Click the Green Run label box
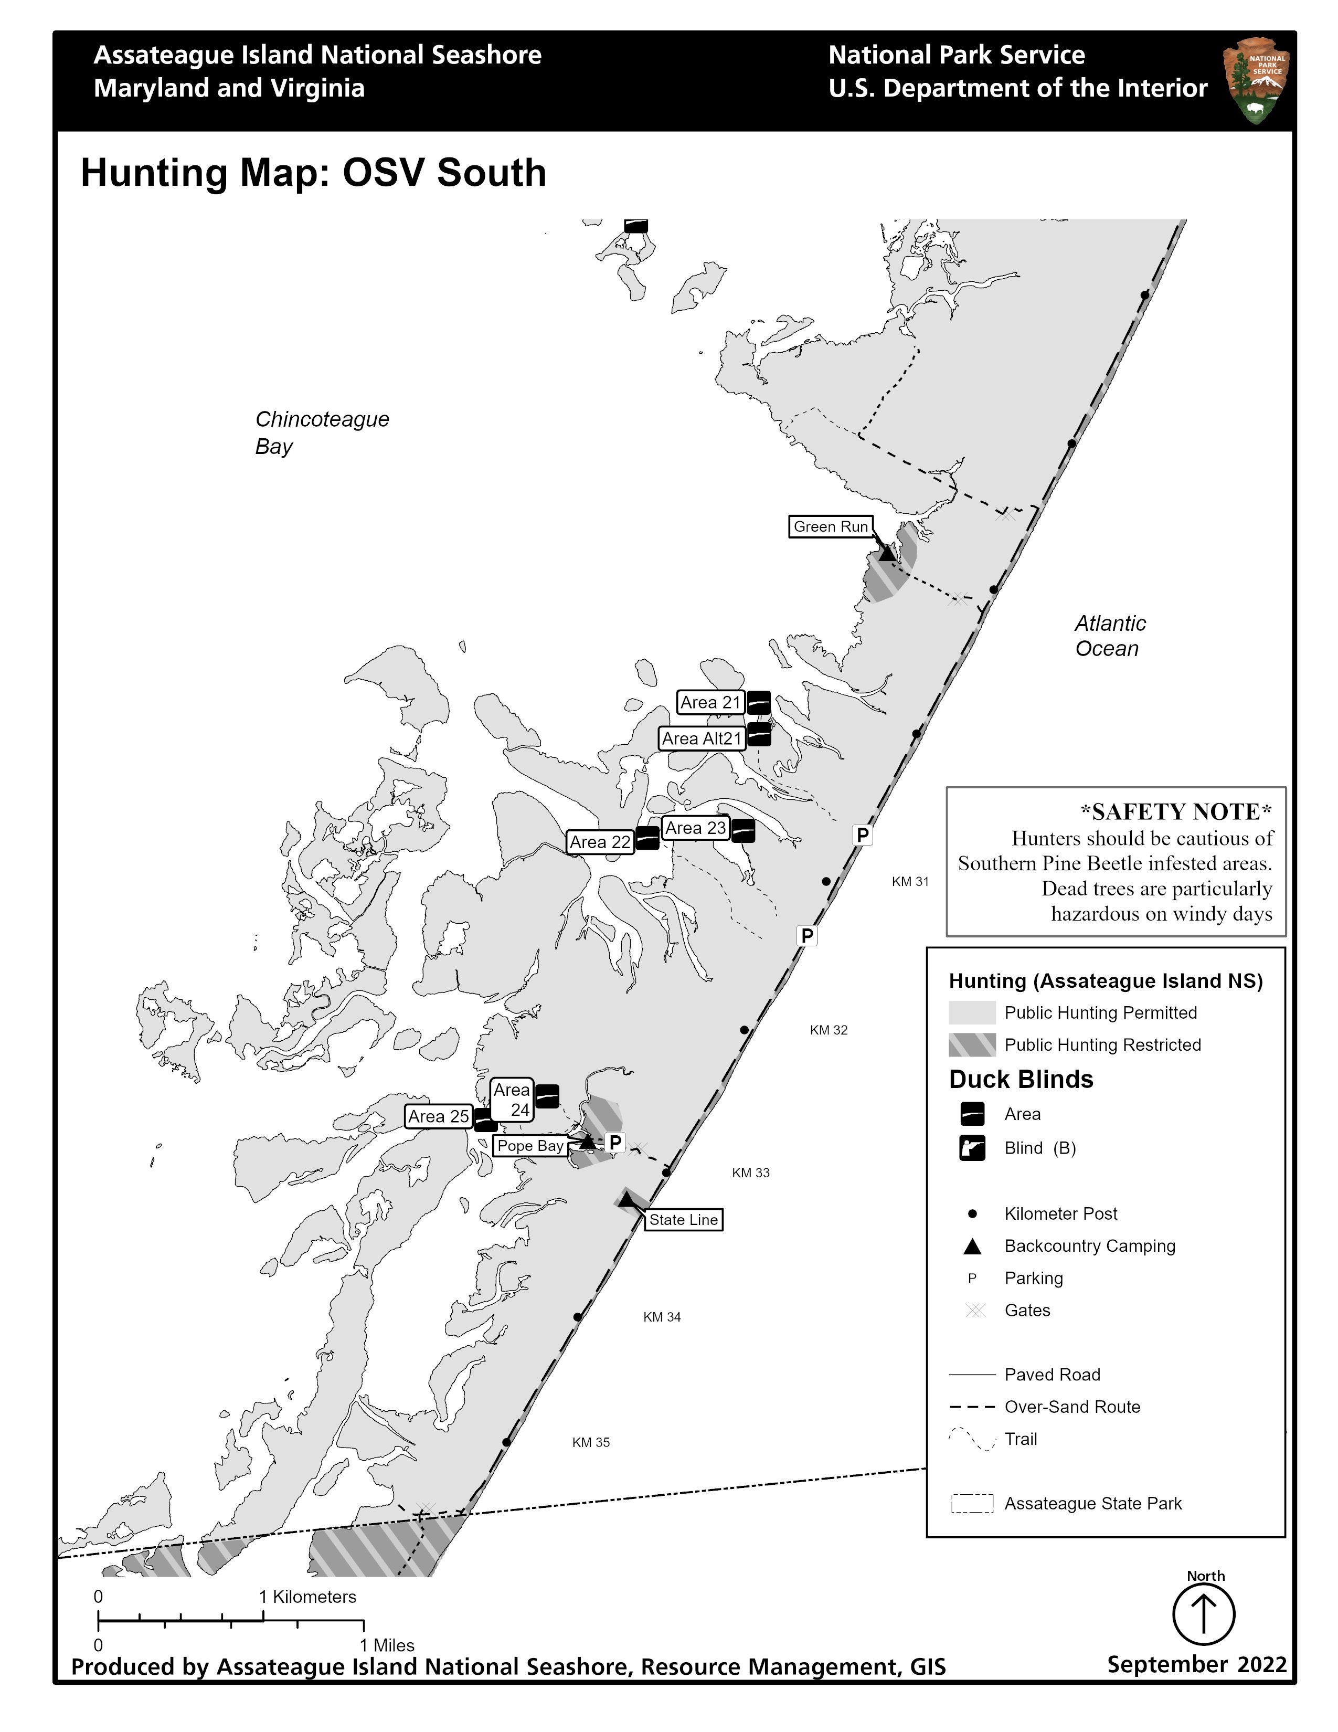pyautogui.click(x=830, y=526)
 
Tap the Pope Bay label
pyautogui.click(x=529, y=1145)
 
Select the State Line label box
pyautogui.click(x=683, y=1220)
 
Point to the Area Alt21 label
pyautogui.click(x=702, y=738)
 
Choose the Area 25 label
pyautogui.click(x=438, y=1116)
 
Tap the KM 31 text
pyautogui.click(x=910, y=881)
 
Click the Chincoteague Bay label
pyautogui.click(x=321, y=432)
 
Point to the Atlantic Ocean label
pyautogui.click(x=1109, y=636)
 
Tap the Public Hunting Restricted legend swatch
pyautogui.click(x=972, y=1044)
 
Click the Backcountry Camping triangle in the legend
pyautogui.click(x=972, y=1246)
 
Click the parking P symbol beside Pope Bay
pyautogui.click(x=615, y=1143)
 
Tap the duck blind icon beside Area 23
pyautogui.click(x=742, y=830)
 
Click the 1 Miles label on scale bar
pyautogui.click(x=387, y=1645)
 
